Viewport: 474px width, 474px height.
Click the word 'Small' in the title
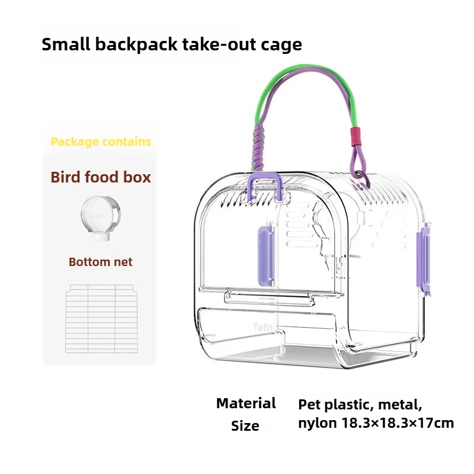pos(66,44)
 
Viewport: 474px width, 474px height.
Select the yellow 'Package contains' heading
pos(101,142)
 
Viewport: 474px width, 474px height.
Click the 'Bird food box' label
pos(101,177)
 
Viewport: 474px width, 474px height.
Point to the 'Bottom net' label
pos(100,262)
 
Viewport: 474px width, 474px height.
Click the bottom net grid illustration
pos(101,319)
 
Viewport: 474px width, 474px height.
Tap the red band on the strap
pos(355,136)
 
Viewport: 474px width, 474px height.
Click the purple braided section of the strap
pos(258,148)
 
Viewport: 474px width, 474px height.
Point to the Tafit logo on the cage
pos(262,327)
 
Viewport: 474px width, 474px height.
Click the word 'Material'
pos(246,403)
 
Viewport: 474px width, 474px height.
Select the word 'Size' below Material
pos(245,426)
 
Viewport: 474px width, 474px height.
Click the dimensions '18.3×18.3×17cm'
pos(398,423)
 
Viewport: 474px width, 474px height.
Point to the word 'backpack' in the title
pos(136,45)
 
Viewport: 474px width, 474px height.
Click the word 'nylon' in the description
pos(318,424)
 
